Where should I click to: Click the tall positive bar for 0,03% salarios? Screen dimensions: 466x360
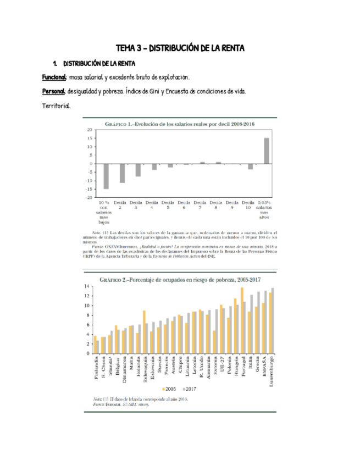click(x=266, y=151)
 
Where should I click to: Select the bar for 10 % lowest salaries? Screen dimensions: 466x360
click(x=106, y=176)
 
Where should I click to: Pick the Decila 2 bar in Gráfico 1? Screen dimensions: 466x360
click(x=122, y=173)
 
